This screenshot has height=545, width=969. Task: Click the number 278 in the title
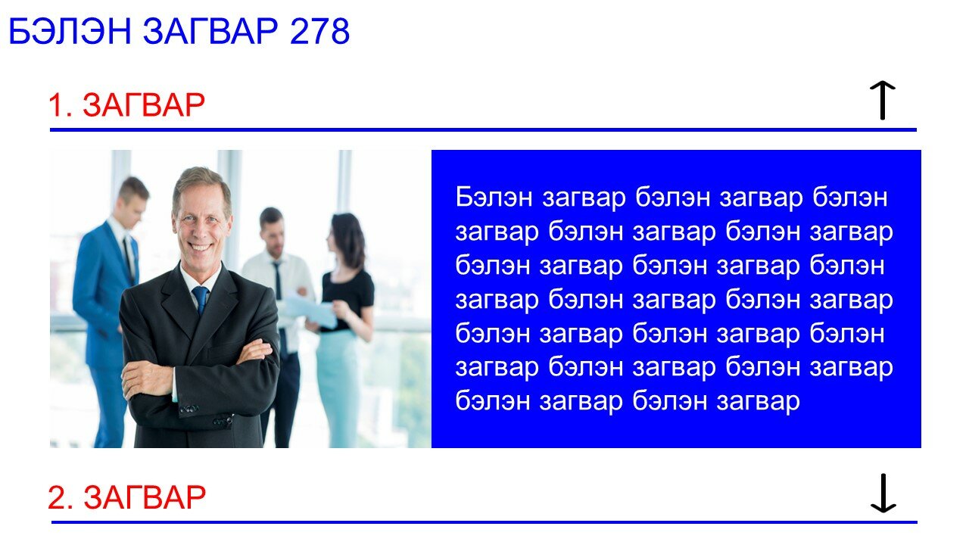coord(319,31)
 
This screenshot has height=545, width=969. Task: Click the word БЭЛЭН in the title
coord(70,31)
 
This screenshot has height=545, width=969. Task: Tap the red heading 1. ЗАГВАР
coord(126,105)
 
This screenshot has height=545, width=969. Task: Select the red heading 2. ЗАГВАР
coord(126,497)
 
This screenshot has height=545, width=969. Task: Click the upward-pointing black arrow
coord(883,100)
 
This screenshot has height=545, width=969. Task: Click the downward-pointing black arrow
coord(883,493)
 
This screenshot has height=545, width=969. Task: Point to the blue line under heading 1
coord(483,129)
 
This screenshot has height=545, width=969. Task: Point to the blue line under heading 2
coord(484,522)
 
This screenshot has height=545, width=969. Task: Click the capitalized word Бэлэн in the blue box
coord(494,198)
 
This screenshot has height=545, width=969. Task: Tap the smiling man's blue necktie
coord(200,299)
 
